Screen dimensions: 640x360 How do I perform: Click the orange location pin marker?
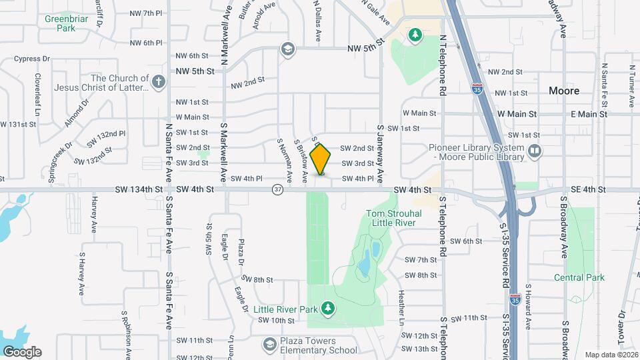pyautogui.click(x=321, y=159)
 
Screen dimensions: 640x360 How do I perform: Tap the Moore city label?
pyautogui.click(x=563, y=90)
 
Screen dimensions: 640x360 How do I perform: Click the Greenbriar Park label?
pyautogui.click(x=65, y=23)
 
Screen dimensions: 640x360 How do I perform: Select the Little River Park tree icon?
pyautogui.click(x=327, y=307)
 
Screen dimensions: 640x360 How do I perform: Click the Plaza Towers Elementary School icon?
pyautogui.click(x=269, y=344)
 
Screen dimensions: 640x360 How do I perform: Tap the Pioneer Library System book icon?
pyautogui.click(x=534, y=151)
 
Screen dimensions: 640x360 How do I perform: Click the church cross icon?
pyautogui.click(x=157, y=83)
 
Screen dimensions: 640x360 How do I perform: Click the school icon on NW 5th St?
pyautogui.click(x=287, y=49)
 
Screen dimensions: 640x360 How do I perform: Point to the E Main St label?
pyautogui.click(x=589, y=114)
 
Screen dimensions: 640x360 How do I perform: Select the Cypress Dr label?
pyautogui.click(x=27, y=59)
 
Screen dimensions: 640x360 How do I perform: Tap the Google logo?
pyautogui.click(x=22, y=351)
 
